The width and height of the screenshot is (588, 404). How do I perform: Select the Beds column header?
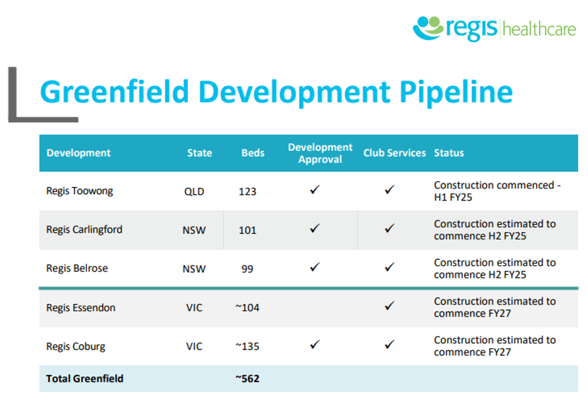pos(253,153)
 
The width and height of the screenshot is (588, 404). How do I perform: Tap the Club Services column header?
pos(394,153)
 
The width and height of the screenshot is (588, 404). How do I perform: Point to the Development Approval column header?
pos(320,153)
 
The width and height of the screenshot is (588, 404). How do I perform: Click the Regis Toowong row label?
pos(79,191)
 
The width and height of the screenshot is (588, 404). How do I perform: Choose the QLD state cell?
pos(194,192)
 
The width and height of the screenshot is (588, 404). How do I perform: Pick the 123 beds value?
pos(248,192)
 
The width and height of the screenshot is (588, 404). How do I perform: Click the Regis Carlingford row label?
pos(84,230)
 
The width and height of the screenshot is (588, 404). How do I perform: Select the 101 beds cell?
pos(248,230)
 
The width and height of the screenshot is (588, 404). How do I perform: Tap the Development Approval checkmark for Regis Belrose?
pos(315,268)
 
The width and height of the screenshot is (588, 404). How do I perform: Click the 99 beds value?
pos(248,269)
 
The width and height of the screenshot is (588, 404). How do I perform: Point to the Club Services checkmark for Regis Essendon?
pos(390,306)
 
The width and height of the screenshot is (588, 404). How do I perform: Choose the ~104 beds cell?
pos(247,308)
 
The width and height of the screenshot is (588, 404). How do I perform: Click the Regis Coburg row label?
pos(76,346)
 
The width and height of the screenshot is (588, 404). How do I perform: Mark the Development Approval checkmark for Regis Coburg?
pos(315,344)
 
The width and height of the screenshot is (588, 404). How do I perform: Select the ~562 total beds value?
pos(247,379)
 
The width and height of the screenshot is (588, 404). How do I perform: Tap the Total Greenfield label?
pos(84,379)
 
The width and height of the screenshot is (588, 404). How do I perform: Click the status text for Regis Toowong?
pos(497,191)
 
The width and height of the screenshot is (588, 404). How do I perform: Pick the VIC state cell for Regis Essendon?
pos(194,308)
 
